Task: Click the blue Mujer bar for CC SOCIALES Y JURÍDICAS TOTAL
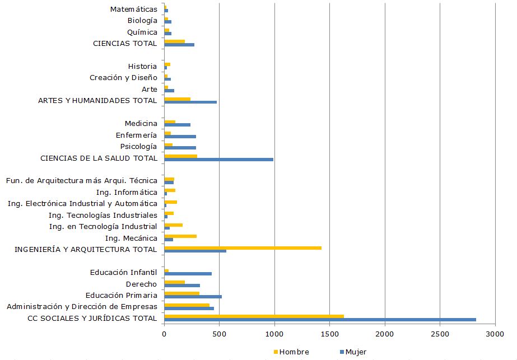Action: tap(320, 320)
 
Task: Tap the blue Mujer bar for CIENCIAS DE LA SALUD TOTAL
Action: tap(218, 160)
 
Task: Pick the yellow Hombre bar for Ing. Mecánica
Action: tap(180, 236)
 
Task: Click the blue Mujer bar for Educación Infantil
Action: tap(188, 274)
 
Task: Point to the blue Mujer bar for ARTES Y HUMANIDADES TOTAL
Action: tap(190, 102)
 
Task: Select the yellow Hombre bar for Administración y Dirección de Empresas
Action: tap(187, 305)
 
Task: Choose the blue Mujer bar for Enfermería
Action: tap(180, 137)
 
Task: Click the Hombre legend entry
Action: tap(294, 352)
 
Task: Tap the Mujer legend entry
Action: tap(355, 352)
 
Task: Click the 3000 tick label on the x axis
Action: tap(495, 334)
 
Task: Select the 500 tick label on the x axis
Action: tap(219, 334)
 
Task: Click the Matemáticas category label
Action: tap(134, 9)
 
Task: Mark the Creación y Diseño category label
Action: tap(123, 77)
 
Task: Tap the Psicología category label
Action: tap(138, 146)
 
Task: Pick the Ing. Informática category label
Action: tap(127, 192)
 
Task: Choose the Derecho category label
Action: tap(141, 284)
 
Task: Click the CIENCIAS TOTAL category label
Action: tap(125, 43)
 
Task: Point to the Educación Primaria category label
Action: tap(122, 295)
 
